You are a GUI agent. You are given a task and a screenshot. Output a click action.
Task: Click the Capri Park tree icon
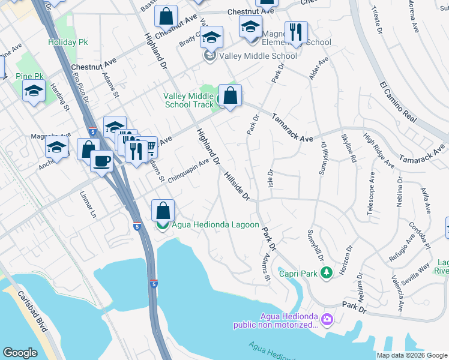pyautogui.click(x=326, y=273)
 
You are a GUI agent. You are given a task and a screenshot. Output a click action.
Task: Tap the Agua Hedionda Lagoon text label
pyautogui.click(x=215, y=226)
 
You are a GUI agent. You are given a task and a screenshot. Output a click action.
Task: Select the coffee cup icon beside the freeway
pyautogui.click(x=101, y=160)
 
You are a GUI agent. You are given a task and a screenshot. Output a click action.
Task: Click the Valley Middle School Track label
pyautogui.click(x=188, y=100)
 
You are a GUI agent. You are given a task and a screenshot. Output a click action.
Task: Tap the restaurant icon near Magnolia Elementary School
pyautogui.click(x=295, y=32)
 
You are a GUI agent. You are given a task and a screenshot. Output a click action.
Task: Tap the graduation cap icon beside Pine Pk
pyautogui.click(x=34, y=91)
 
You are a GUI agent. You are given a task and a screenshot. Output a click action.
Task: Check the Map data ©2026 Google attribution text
pyautogui.click(x=411, y=355)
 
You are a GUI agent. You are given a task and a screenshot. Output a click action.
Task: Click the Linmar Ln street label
pyautogui.click(x=88, y=205)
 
